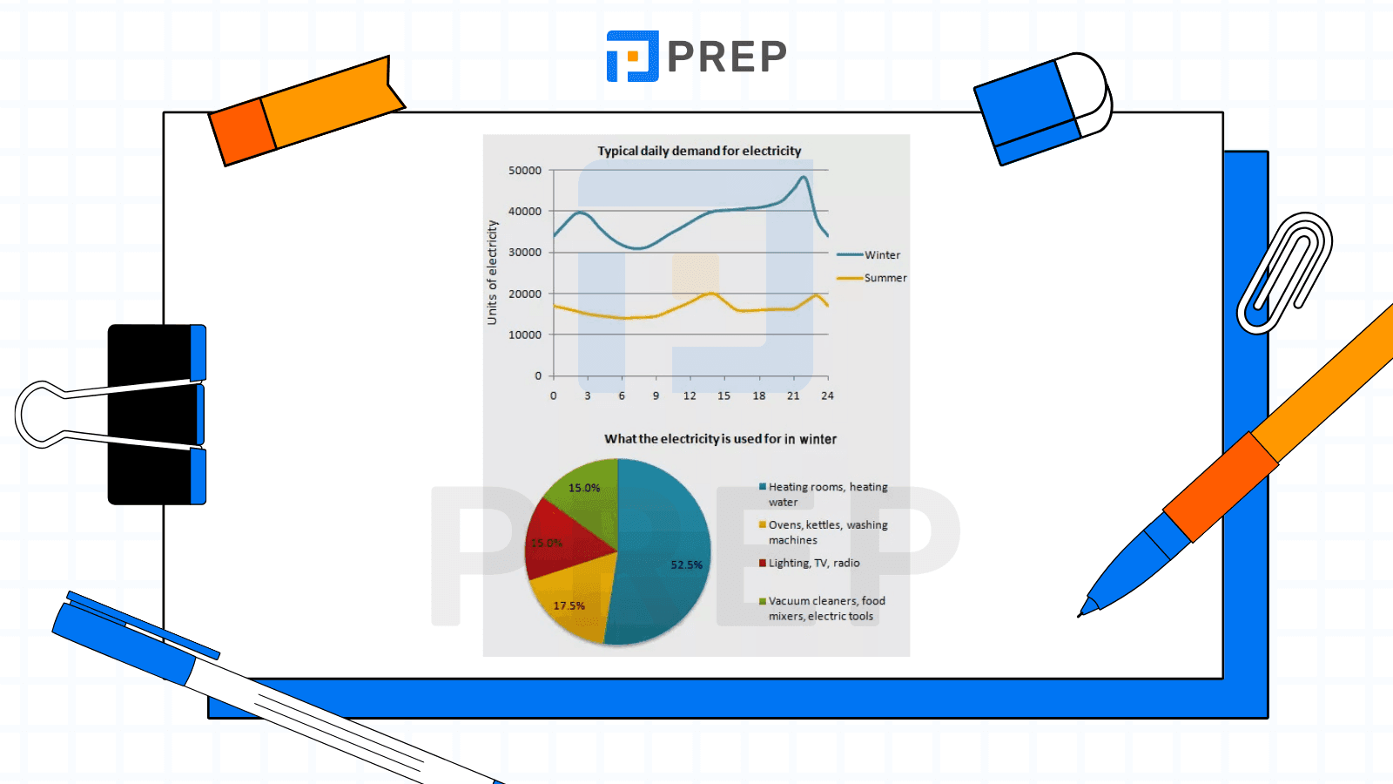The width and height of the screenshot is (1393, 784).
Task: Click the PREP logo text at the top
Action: coord(726,57)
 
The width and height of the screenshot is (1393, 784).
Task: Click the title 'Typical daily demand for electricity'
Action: coord(699,151)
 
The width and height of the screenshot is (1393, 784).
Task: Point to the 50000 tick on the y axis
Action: coord(525,171)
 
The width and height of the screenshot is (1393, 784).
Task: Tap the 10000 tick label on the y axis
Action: coord(525,335)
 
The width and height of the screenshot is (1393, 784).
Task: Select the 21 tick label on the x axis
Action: coord(793,395)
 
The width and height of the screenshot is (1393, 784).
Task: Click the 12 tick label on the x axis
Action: coord(690,395)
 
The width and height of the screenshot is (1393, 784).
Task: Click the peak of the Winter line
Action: coord(804,178)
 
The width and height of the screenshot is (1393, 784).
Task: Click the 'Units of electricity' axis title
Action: coord(493,273)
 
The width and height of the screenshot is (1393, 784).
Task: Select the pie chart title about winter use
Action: coord(720,439)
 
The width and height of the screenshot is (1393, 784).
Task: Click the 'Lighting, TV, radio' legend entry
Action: coord(813,563)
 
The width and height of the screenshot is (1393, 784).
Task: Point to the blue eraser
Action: coord(1036,109)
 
